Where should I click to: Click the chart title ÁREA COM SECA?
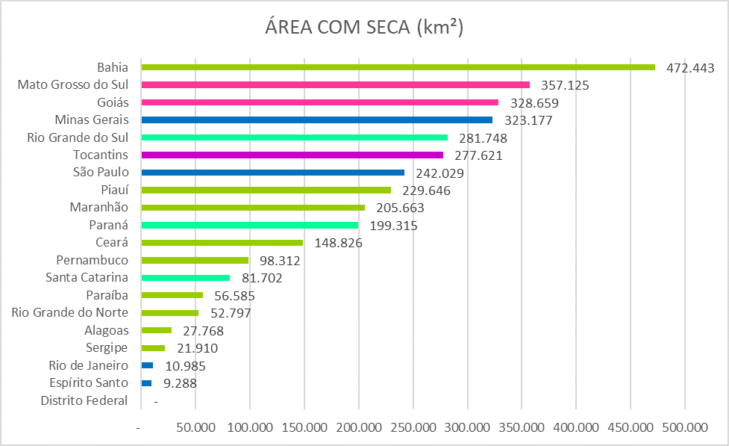pos(364,28)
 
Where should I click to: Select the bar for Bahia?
pos(398,67)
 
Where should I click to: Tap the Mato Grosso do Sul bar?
pos(335,85)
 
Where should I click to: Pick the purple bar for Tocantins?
pos(292,155)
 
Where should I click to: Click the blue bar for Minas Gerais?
pos(316,120)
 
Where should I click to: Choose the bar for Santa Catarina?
pos(185,278)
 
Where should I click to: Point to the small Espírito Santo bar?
pos(146,383)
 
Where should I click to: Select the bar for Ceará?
pos(222,243)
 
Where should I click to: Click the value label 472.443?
pos(690,68)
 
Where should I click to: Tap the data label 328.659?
pos(534,103)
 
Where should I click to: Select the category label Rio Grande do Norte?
pos(70,312)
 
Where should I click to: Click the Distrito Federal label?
pos(84,400)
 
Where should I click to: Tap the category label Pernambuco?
pos(93,260)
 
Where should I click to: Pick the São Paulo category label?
pos(101,172)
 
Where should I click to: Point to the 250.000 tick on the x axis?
pos(413,428)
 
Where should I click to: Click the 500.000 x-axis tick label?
pos(685,428)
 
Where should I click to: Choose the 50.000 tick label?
pos(195,428)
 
